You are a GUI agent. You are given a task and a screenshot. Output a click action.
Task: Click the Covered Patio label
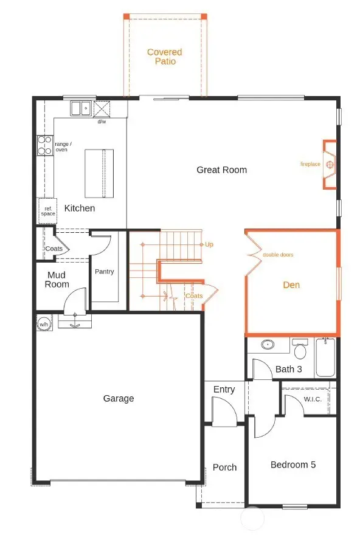164,57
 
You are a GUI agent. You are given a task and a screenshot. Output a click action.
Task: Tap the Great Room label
221,170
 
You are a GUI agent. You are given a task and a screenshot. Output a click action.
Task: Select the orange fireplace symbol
330,164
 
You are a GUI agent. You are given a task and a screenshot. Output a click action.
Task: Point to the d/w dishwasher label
102,122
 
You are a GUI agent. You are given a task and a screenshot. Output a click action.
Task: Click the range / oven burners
45,145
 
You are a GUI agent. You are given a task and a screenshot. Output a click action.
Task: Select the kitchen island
99,173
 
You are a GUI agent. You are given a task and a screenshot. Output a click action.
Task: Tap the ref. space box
47,211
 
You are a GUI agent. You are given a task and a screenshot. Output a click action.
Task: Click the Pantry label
104,272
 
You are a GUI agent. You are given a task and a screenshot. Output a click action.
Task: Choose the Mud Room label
58,280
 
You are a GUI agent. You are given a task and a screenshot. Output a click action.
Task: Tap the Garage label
118,399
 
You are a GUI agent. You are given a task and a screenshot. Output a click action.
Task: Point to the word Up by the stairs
209,244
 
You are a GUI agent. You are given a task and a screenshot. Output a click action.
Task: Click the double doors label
278,255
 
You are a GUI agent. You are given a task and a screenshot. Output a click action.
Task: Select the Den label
291,285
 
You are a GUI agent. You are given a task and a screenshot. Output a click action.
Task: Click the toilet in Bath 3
299,351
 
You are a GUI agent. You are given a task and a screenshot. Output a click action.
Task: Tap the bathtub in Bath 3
325,359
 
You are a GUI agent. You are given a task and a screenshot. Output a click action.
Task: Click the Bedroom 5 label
293,465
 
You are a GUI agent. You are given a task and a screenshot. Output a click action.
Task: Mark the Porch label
224,467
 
